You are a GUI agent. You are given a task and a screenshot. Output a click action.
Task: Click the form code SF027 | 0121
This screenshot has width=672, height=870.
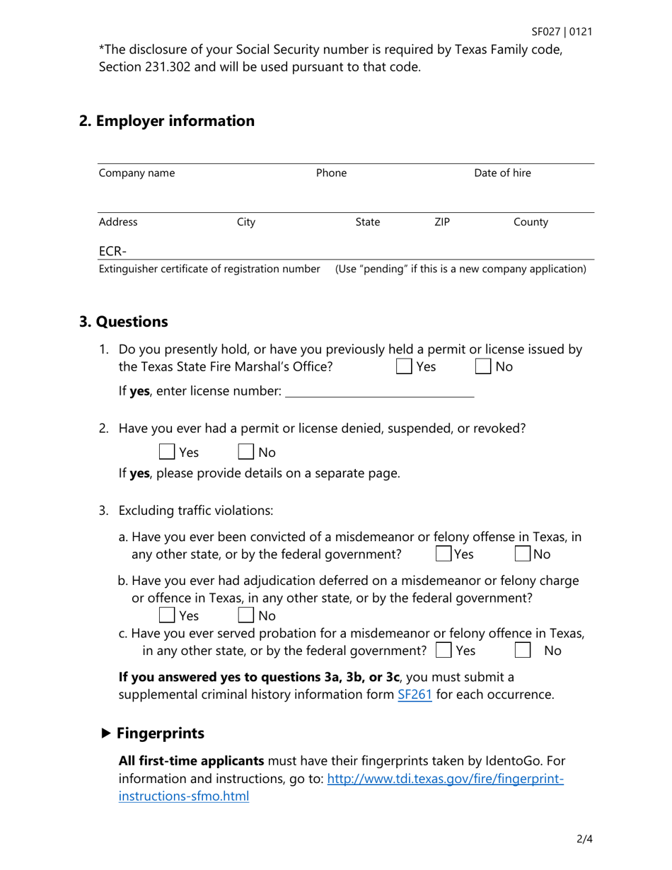562,32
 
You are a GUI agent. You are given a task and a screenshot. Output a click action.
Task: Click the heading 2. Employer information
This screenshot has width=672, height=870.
167,121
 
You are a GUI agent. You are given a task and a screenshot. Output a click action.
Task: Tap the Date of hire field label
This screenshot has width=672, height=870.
502,173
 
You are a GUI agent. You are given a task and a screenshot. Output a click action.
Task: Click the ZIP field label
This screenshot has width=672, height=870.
441,222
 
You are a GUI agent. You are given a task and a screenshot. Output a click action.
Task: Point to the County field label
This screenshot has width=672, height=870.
531,222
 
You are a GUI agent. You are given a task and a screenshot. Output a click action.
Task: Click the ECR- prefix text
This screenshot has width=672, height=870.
112,250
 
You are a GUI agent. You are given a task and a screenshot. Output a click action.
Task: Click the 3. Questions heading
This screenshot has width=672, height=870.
124,322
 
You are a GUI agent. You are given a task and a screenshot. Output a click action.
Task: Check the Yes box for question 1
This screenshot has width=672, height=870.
404,366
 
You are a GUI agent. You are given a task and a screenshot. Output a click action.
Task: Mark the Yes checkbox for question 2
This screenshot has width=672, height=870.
168,452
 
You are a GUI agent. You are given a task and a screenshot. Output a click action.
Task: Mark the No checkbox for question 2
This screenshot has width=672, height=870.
246,452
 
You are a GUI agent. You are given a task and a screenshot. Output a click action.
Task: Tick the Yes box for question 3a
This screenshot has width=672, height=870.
444,554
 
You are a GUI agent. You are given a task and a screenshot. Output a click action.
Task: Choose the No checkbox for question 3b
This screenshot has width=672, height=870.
246,616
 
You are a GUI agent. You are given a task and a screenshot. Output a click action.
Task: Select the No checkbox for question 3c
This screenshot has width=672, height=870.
523,650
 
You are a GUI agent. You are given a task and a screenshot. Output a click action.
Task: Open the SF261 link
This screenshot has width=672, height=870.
415,695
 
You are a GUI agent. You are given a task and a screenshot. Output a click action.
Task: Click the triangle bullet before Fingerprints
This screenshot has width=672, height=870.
106,733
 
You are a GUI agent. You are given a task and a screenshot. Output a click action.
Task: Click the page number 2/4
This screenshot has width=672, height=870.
584,840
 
